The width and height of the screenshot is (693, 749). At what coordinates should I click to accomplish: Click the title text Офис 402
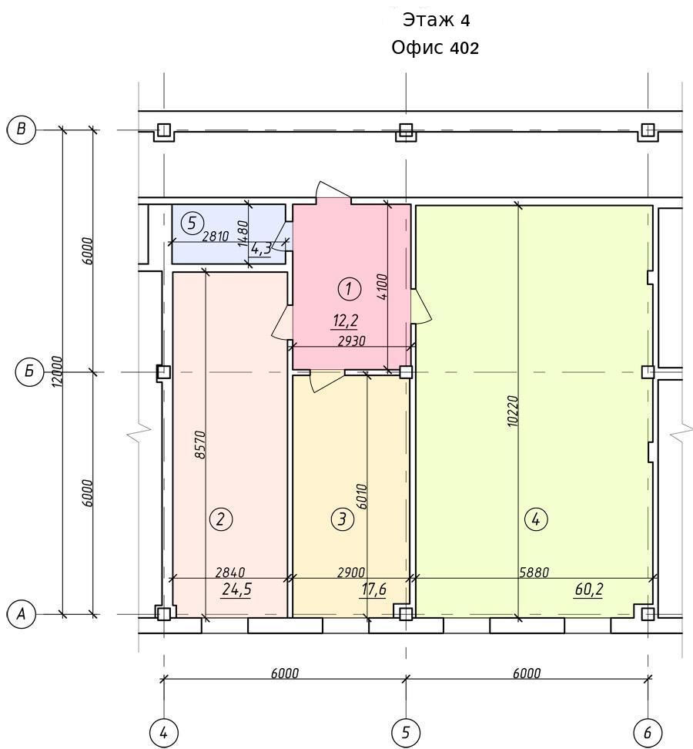(x=435, y=48)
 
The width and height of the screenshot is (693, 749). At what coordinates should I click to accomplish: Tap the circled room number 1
(x=349, y=288)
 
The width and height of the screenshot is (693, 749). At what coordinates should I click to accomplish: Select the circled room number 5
(x=192, y=223)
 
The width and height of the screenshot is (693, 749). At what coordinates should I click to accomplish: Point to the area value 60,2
(x=588, y=589)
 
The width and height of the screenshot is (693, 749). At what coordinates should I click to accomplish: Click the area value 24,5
(x=236, y=589)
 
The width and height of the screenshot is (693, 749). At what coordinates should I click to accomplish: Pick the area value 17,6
(x=373, y=589)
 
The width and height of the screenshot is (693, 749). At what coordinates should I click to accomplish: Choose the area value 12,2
(x=345, y=321)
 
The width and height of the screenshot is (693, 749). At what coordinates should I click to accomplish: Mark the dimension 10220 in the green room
(x=512, y=411)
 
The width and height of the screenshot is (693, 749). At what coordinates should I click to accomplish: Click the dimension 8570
(x=200, y=445)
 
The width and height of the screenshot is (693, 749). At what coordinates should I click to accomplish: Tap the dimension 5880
(x=534, y=572)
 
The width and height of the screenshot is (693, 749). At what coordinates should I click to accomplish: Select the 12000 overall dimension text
(x=57, y=371)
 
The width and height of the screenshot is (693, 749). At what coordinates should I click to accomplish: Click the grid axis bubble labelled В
(x=21, y=129)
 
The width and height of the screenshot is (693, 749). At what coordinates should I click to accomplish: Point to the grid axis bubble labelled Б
(x=30, y=371)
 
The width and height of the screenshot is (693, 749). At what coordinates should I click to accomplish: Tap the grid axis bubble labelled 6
(x=648, y=732)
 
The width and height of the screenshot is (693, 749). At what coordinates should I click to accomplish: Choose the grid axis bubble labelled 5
(x=406, y=732)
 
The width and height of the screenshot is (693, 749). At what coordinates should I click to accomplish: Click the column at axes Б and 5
(x=406, y=371)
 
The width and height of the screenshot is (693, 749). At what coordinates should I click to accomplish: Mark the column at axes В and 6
(x=648, y=129)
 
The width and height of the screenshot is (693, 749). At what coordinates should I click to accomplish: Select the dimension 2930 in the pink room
(x=351, y=341)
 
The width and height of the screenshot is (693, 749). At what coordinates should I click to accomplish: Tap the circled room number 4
(x=535, y=519)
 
